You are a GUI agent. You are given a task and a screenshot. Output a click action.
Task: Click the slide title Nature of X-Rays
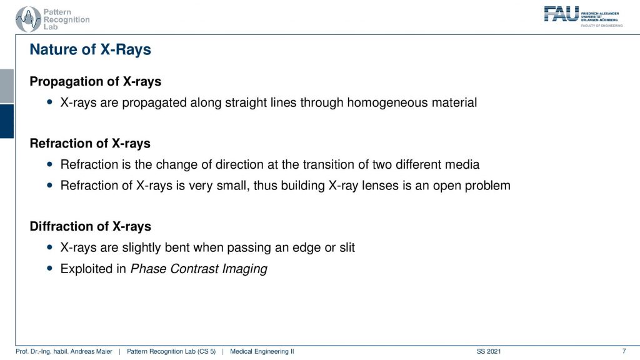[x=90, y=49]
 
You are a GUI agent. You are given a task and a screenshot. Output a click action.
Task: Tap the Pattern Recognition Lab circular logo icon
[x=28, y=19]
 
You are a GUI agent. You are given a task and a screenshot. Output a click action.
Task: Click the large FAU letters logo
[x=561, y=14]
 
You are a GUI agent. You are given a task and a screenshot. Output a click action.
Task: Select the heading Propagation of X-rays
[x=96, y=82]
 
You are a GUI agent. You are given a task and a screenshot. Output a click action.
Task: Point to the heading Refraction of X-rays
[x=90, y=144]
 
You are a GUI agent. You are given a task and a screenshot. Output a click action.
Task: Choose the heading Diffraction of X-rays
[x=90, y=226]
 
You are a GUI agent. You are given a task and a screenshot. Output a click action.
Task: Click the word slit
[x=347, y=247]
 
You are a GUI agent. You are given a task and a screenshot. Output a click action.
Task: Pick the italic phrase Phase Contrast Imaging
[x=199, y=269]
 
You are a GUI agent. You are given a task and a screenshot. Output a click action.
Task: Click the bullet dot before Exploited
[x=50, y=269]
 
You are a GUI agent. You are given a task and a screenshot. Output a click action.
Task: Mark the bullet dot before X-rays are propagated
[x=50, y=102]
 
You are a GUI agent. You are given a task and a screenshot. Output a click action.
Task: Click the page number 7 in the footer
[x=624, y=351]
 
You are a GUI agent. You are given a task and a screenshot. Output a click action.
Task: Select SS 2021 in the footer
[x=489, y=351]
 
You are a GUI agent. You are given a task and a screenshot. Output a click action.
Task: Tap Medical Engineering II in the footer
[x=262, y=351]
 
